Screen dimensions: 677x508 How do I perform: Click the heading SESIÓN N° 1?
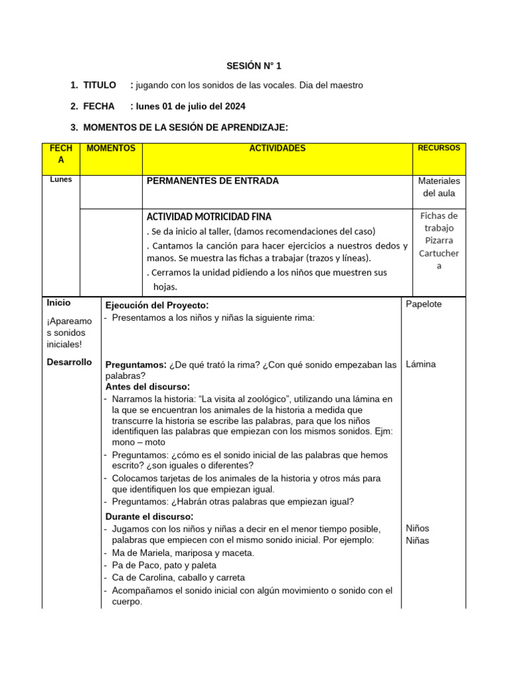click(253, 65)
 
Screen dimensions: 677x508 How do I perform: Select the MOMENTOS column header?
click(110, 149)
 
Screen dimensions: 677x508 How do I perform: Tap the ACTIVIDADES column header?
click(277, 149)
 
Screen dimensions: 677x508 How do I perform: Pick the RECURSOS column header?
click(439, 148)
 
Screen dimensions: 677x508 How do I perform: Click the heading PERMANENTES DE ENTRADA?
click(212, 181)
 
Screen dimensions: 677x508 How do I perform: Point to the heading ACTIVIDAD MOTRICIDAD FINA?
click(208, 217)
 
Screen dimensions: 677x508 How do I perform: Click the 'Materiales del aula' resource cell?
click(439, 187)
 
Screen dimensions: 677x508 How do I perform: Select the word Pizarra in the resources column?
click(439, 240)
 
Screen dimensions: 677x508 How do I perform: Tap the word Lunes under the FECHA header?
click(61, 179)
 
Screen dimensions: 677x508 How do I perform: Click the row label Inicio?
click(59, 303)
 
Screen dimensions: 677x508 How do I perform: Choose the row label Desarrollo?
click(69, 362)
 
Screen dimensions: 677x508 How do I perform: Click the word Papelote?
click(423, 304)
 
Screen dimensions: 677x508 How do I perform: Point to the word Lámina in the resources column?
click(421, 364)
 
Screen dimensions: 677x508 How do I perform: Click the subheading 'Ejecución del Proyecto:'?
click(157, 305)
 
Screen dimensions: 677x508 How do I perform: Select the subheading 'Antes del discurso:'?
click(148, 387)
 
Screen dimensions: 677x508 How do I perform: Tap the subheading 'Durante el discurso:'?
click(149, 516)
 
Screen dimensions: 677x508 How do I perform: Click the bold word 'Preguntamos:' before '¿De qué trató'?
click(136, 365)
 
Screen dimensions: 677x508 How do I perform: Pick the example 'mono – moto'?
click(139, 442)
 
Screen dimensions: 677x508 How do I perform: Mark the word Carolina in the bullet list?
click(151, 578)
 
